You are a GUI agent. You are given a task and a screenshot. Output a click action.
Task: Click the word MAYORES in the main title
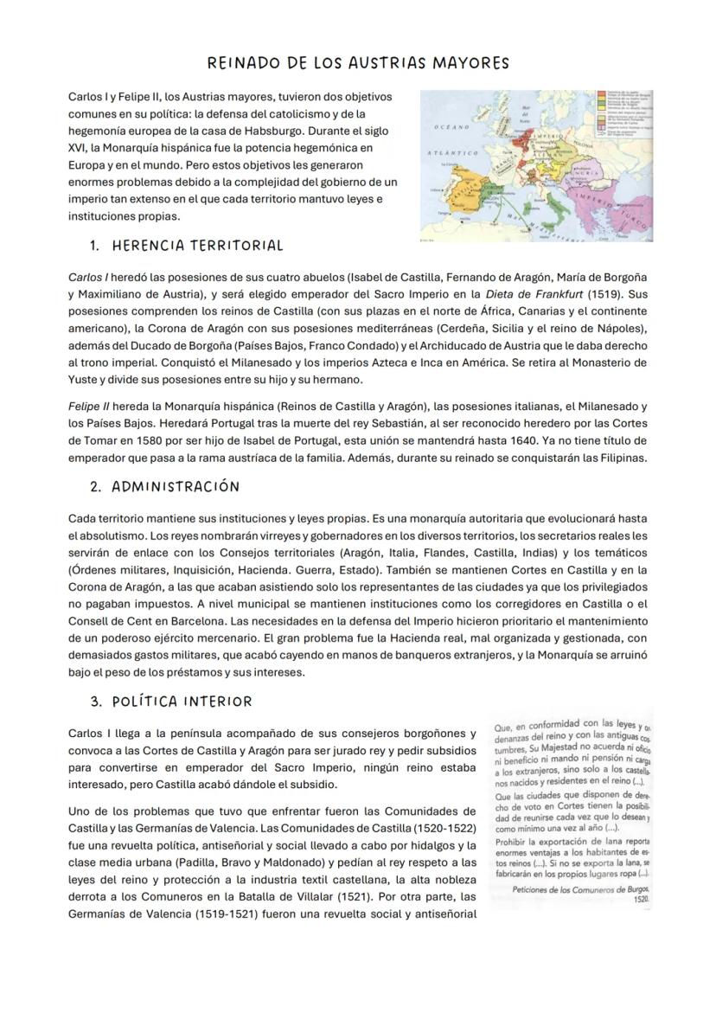(x=465, y=63)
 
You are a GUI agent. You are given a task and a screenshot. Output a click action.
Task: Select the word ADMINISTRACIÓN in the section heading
(x=176, y=486)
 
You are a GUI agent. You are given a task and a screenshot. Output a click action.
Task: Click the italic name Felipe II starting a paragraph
(x=89, y=406)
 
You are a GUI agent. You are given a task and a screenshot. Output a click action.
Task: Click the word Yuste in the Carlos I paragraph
(x=84, y=379)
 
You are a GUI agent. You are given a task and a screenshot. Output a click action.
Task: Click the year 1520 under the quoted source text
(x=641, y=899)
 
